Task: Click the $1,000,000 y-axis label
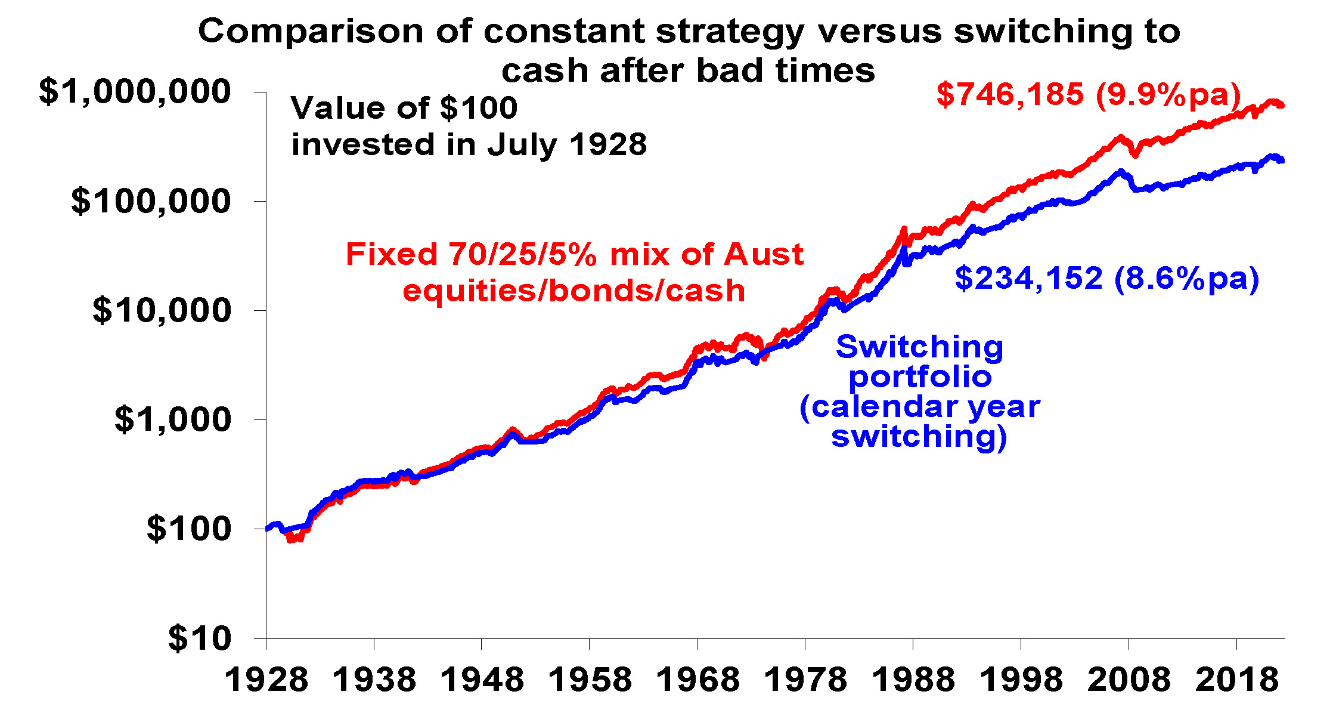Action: [134, 91]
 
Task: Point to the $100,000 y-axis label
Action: [150, 201]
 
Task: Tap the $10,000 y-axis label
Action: [161, 310]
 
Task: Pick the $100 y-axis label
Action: [188, 529]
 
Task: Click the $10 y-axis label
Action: [199, 638]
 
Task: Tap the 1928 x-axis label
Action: [266, 680]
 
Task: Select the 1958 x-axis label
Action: [590, 680]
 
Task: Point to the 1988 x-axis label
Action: [913, 680]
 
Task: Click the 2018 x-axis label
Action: [1237, 680]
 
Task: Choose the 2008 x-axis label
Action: [1129, 680]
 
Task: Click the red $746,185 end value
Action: [1010, 94]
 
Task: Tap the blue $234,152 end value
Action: [1029, 278]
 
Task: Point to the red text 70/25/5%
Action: [523, 254]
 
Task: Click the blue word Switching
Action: [919, 347]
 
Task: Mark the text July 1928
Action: [566, 145]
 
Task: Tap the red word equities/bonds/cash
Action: [573, 291]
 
